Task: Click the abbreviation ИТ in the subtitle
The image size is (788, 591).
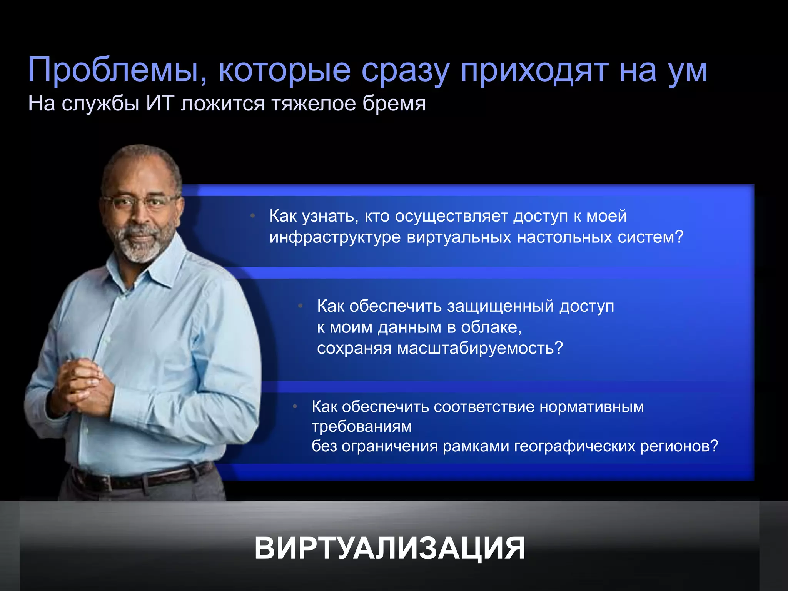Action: (159, 104)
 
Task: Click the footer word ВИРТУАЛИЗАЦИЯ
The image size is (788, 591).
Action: (389, 548)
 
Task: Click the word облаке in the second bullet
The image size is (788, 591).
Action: (491, 327)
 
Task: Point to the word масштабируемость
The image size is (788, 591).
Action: (479, 348)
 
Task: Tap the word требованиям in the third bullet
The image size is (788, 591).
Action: (362, 426)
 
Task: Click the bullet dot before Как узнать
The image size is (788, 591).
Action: (252, 216)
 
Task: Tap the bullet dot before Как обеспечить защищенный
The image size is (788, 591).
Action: (301, 306)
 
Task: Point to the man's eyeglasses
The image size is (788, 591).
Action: (140, 201)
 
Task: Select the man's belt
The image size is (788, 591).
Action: (142, 479)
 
